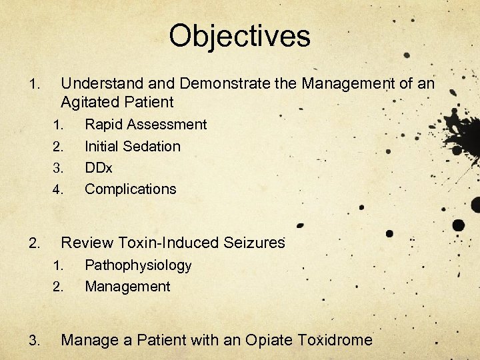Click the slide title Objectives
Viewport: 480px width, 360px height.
[239, 36]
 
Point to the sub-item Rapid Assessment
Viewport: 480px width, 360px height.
[145, 125]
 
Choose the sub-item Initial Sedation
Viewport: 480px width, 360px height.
[132, 146]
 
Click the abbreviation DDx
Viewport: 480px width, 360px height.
[98, 167]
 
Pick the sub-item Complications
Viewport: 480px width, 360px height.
[130, 189]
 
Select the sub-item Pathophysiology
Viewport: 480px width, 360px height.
[138, 265]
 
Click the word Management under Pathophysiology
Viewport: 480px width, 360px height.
[127, 287]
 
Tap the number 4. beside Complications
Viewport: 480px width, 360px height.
[58, 189]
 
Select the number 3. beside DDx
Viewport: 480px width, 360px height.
[58, 168]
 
